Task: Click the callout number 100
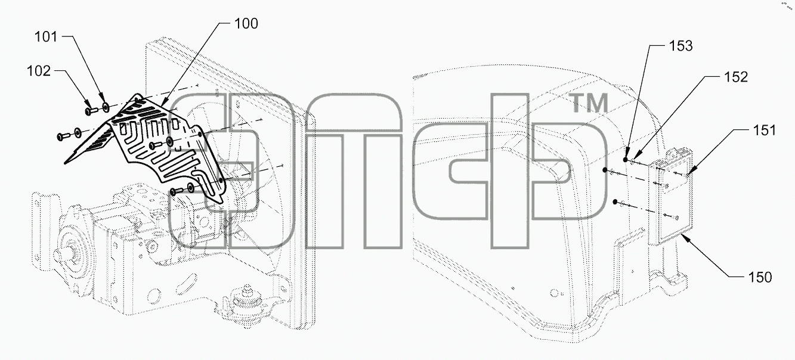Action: pos(246,24)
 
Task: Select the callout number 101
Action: pos(46,36)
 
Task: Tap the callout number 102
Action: pos(39,71)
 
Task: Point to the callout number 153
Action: pos(680,46)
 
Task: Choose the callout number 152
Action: pos(736,77)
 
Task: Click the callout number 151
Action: pos(765,130)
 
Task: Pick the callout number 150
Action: pos(760,277)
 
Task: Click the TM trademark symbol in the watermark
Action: pos(589,103)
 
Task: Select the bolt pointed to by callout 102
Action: pos(91,111)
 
